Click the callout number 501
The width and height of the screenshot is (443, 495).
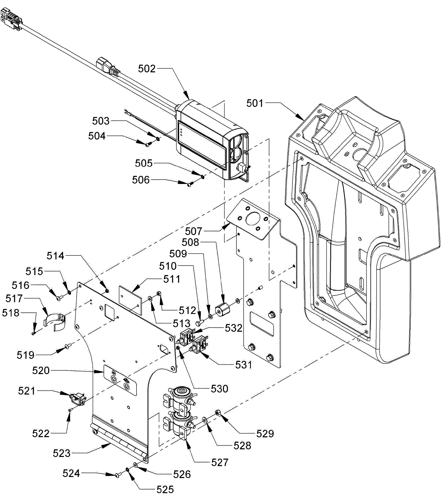click(255, 103)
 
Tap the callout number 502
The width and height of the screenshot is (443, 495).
click(147, 69)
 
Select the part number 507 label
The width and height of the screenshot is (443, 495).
click(194, 231)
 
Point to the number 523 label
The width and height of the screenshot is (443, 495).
click(62, 453)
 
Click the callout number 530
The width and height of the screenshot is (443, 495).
click(220, 389)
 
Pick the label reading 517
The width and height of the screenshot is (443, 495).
click(14, 299)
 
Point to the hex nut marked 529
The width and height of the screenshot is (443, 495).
click(218, 413)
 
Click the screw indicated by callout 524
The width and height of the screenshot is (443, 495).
click(117, 475)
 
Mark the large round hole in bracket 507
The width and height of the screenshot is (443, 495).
click(252, 219)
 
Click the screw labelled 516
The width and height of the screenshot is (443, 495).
click(59, 298)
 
